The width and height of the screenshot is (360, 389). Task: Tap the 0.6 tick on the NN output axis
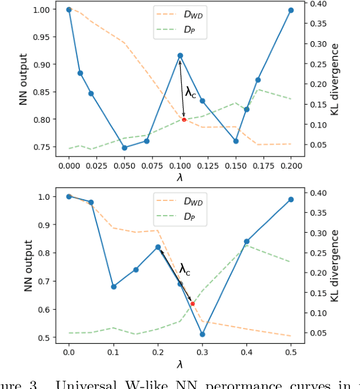point(44,310)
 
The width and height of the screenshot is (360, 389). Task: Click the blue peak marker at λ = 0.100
point(180,56)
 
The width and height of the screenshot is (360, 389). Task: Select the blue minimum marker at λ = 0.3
point(202,334)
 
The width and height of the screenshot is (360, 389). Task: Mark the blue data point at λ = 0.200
point(291,10)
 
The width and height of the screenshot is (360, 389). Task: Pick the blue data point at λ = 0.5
point(291,200)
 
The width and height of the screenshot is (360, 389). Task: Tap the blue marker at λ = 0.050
point(124,147)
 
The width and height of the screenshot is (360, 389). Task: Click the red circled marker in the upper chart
point(184,119)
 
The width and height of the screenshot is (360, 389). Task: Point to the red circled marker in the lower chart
point(192,304)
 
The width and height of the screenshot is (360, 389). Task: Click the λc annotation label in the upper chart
point(191,92)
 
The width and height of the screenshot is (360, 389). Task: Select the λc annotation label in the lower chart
point(185,270)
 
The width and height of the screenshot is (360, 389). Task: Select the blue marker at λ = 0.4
point(246,242)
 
